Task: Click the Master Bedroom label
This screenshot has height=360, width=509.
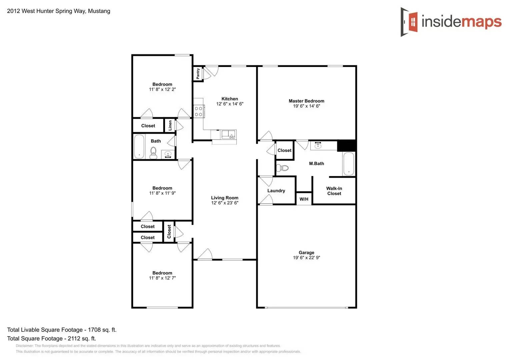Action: point(306,101)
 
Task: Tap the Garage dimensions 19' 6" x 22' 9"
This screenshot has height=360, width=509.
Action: point(306,258)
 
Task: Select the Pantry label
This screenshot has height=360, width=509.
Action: point(198,74)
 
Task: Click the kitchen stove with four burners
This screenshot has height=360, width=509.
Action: point(198,111)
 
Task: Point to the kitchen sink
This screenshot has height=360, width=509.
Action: point(228,135)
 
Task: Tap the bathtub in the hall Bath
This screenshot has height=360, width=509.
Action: point(139,146)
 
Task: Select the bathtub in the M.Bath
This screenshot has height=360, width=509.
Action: point(349,164)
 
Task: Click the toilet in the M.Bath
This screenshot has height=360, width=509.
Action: point(283,168)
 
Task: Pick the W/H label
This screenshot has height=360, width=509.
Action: point(304,199)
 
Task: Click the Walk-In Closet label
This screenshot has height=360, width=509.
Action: point(334,191)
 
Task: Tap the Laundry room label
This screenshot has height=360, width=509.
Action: point(276,191)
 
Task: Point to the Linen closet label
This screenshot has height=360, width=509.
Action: point(170,125)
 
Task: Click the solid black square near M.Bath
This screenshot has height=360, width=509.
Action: point(347,146)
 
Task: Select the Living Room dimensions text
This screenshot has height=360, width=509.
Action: point(225,203)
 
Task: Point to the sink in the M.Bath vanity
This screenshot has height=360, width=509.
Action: point(318,145)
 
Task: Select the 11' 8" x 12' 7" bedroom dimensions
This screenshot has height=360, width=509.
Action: point(162,278)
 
